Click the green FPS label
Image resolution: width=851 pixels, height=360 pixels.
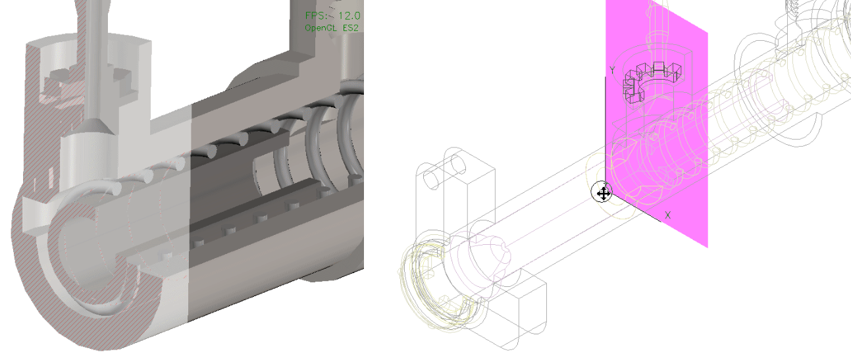point(316,16)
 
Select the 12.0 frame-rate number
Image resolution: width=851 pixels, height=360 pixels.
point(349,16)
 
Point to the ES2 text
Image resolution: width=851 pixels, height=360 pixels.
point(351,28)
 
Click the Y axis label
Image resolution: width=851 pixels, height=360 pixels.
point(611,70)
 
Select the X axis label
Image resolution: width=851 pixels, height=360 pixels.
point(667,215)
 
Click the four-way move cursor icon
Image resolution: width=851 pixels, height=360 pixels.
point(602,193)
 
